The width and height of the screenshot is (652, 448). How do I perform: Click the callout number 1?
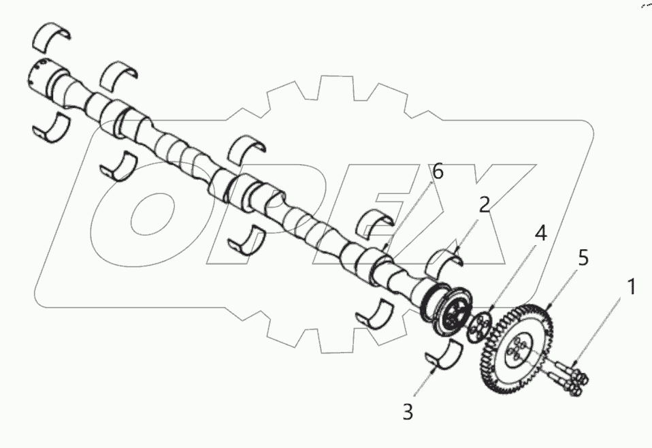pos(632,287)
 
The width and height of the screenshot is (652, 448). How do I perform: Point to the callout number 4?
pos(540,234)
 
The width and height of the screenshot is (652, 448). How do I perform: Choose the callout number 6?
pos(438,172)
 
